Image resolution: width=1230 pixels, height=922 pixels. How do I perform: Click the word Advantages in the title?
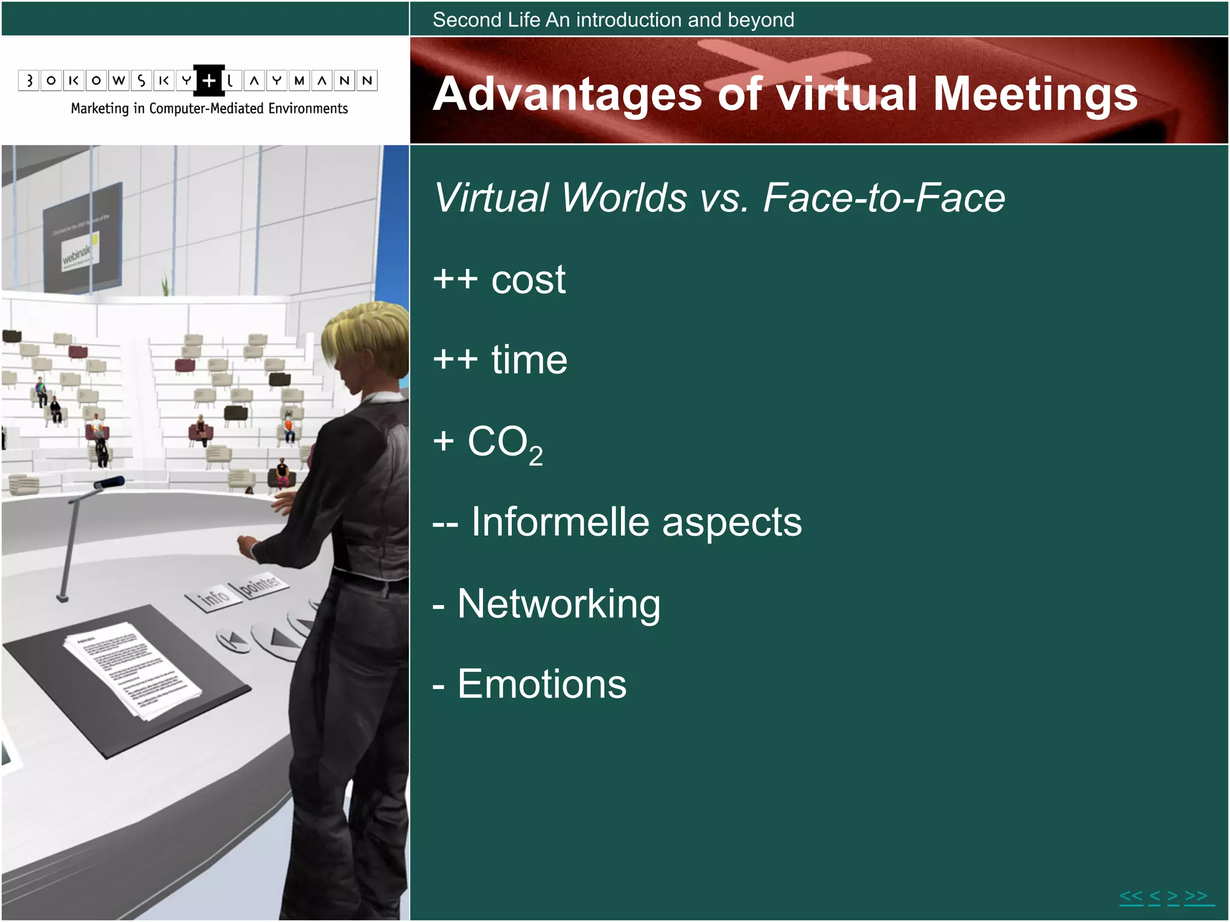567,94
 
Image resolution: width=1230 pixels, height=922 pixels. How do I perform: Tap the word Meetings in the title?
1035,94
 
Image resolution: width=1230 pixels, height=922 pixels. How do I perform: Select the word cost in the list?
528,280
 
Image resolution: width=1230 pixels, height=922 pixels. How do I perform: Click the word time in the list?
529,360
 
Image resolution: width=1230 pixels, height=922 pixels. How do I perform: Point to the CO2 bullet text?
504,443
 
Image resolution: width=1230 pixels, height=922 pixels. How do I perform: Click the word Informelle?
560,522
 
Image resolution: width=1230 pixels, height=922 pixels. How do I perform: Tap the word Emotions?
542,684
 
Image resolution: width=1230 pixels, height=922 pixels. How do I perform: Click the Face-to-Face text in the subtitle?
883,197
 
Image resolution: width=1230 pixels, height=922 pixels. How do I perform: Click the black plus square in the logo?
208,80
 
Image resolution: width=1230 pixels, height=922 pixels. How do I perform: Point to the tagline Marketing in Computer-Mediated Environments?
209,109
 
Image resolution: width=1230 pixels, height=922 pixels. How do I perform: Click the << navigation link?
1131,897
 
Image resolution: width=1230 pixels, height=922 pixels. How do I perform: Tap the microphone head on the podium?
110,482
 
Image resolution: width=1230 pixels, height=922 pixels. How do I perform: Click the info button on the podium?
213,597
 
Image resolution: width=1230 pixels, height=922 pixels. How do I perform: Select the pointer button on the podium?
260,585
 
